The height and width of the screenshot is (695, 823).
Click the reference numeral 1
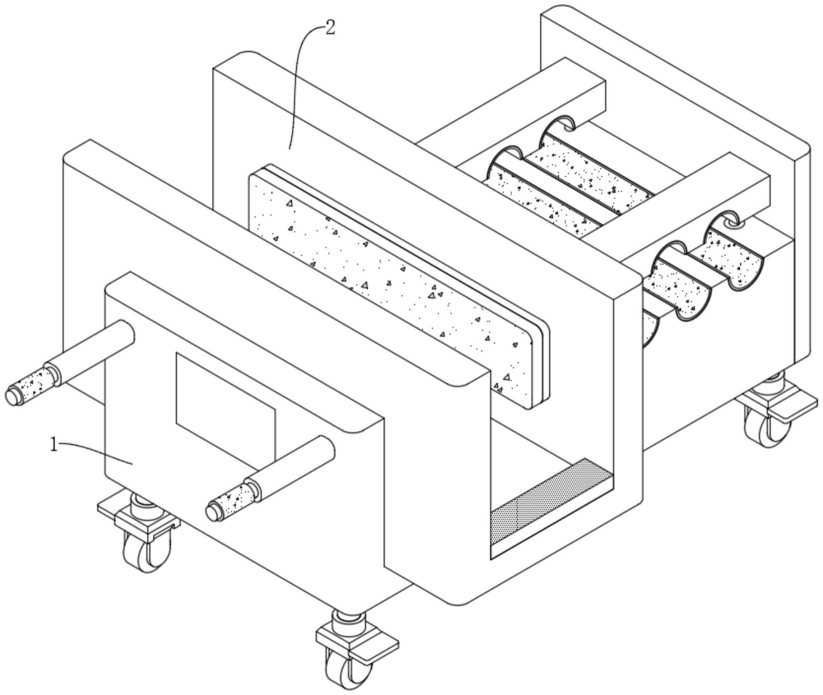coord(54,444)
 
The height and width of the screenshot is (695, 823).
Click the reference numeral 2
coord(330,28)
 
